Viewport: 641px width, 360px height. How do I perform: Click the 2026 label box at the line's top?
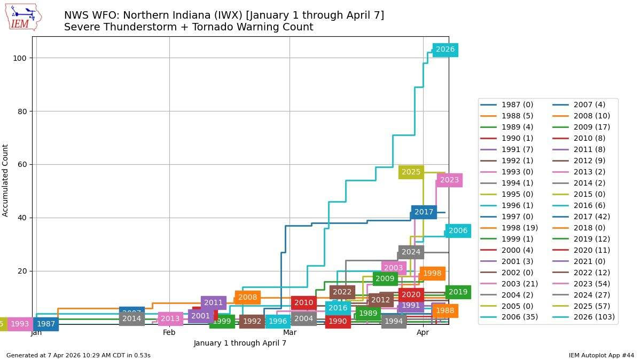click(x=445, y=50)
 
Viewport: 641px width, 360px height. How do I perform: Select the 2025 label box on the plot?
click(x=411, y=172)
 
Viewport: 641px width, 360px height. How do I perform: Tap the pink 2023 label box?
click(x=449, y=180)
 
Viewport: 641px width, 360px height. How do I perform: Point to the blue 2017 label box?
click(x=424, y=212)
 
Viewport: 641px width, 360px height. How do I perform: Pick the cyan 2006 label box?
click(x=458, y=231)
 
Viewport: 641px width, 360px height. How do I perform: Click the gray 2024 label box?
click(x=411, y=252)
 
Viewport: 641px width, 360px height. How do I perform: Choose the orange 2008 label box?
click(x=247, y=298)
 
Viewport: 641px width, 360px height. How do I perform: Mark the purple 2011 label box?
click(x=213, y=303)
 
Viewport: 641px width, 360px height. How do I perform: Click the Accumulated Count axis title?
click(x=5, y=180)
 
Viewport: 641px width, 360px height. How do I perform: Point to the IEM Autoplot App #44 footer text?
click(x=601, y=355)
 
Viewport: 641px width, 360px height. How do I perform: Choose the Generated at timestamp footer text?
click(x=79, y=355)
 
